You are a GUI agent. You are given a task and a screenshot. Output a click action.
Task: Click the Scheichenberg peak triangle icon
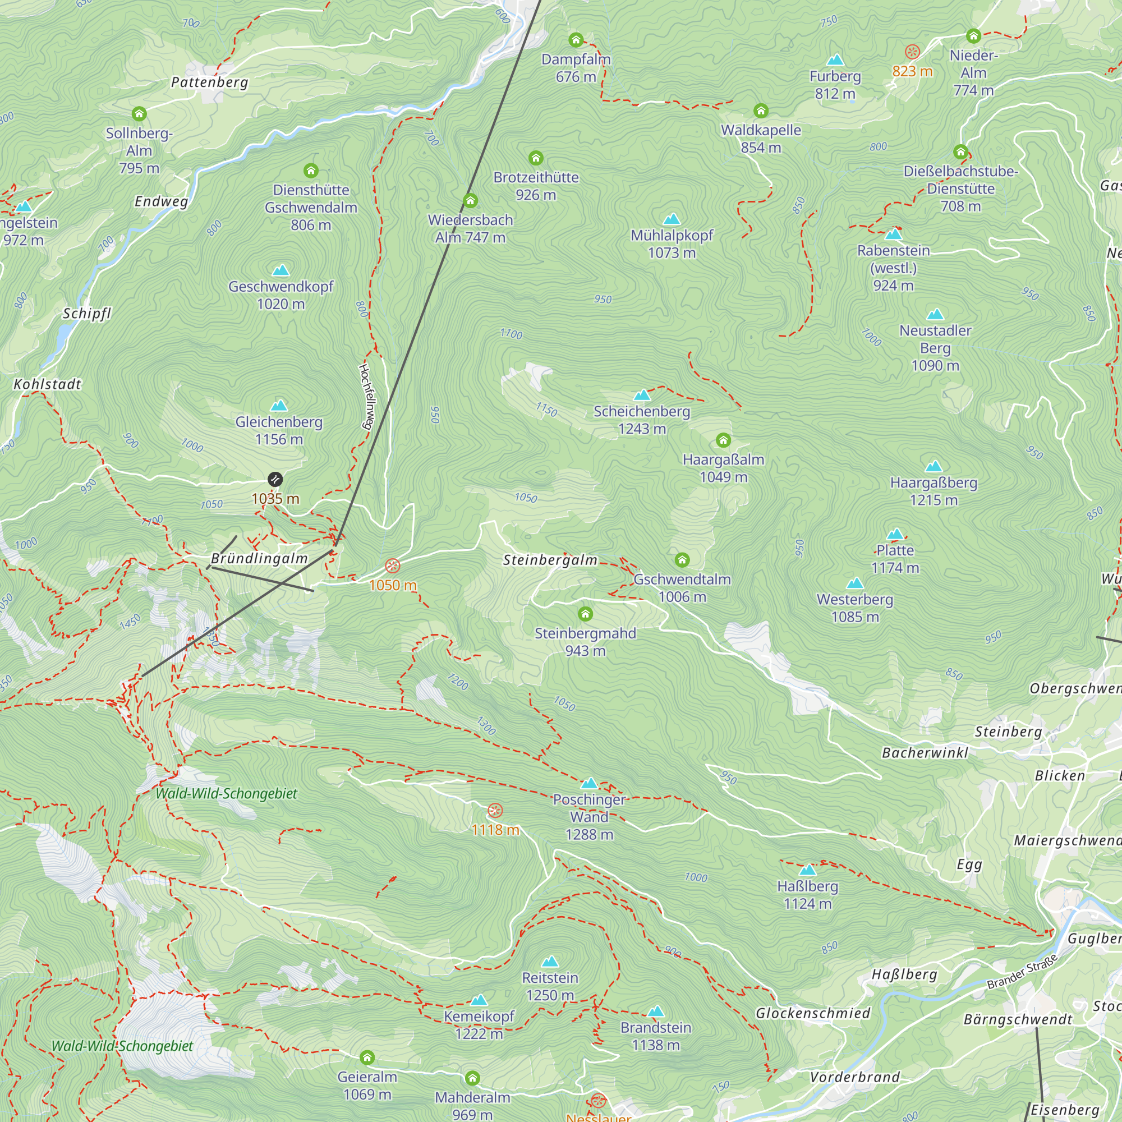pyautogui.click(x=642, y=396)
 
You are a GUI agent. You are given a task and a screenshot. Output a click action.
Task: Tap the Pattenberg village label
pyautogui.click(x=209, y=82)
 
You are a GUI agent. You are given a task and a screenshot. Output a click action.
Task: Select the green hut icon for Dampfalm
pyautogui.click(x=576, y=40)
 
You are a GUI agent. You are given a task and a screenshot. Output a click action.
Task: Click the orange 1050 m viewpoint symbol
pyautogui.click(x=393, y=565)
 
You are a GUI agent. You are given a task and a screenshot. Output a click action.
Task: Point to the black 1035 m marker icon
pyautogui.click(x=275, y=479)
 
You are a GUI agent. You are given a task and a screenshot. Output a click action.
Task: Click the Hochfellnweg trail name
pyautogui.click(x=367, y=396)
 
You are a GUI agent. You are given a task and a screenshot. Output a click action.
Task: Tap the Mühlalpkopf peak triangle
pyautogui.click(x=672, y=219)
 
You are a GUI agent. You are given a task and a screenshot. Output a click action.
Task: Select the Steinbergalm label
pyautogui.click(x=550, y=560)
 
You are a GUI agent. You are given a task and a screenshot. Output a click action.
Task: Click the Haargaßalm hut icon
pyautogui.click(x=723, y=440)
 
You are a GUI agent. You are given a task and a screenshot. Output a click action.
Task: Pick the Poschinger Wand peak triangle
pyautogui.click(x=589, y=783)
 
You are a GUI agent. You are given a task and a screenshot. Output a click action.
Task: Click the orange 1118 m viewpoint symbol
pyautogui.click(x=495, y=811)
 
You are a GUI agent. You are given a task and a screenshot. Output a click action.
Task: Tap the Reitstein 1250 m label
pyautogui.click(x=550, y=986)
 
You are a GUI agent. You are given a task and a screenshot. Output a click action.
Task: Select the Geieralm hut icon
pyautogui.click(x=367, y=1057)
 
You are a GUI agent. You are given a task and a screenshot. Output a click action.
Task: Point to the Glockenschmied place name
pyautogui.click(x=812, y=1013)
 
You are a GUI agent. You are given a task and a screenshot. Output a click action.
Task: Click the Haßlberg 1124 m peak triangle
pyautogui.click(x=807, y=870)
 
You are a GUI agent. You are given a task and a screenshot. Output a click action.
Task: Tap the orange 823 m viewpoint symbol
pyautogui.click(x=912, y=52)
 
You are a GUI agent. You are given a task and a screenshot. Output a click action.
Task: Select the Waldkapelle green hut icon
pyautogui.click(x=761, y=111)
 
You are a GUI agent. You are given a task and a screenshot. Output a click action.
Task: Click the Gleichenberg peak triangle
pyautogui.click(x=279, y=406)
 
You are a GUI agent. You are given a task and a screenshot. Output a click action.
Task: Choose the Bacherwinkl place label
pyautogui.click(x=925, y=753)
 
